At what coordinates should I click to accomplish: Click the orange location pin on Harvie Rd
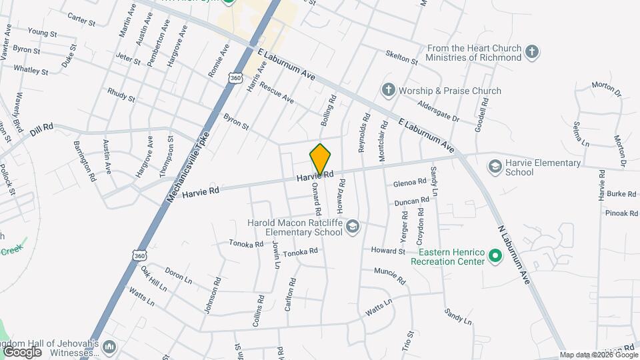(x=321, y=159)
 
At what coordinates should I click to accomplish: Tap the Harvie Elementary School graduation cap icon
(x=495, y=165)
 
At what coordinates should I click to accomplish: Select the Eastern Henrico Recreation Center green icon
(x=495, y=255)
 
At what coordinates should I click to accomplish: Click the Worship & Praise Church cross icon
(x=388, y=90)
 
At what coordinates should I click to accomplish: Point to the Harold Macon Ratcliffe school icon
(x=353, y=228)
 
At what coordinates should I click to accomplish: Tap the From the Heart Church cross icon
(x=531, y=51)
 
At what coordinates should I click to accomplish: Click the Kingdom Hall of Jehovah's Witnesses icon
(x=109, y=347)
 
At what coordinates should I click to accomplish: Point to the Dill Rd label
(x=41, y=127)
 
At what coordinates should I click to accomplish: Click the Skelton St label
(x=401, y=57)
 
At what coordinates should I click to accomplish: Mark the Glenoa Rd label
(x=409, y=181)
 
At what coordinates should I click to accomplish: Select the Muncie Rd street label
(x=389, y=275)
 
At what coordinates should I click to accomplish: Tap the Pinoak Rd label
(x=621, y=213)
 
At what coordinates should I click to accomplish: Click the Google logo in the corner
(x=22, y=351)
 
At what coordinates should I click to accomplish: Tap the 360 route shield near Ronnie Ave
(x=234, y=78)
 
